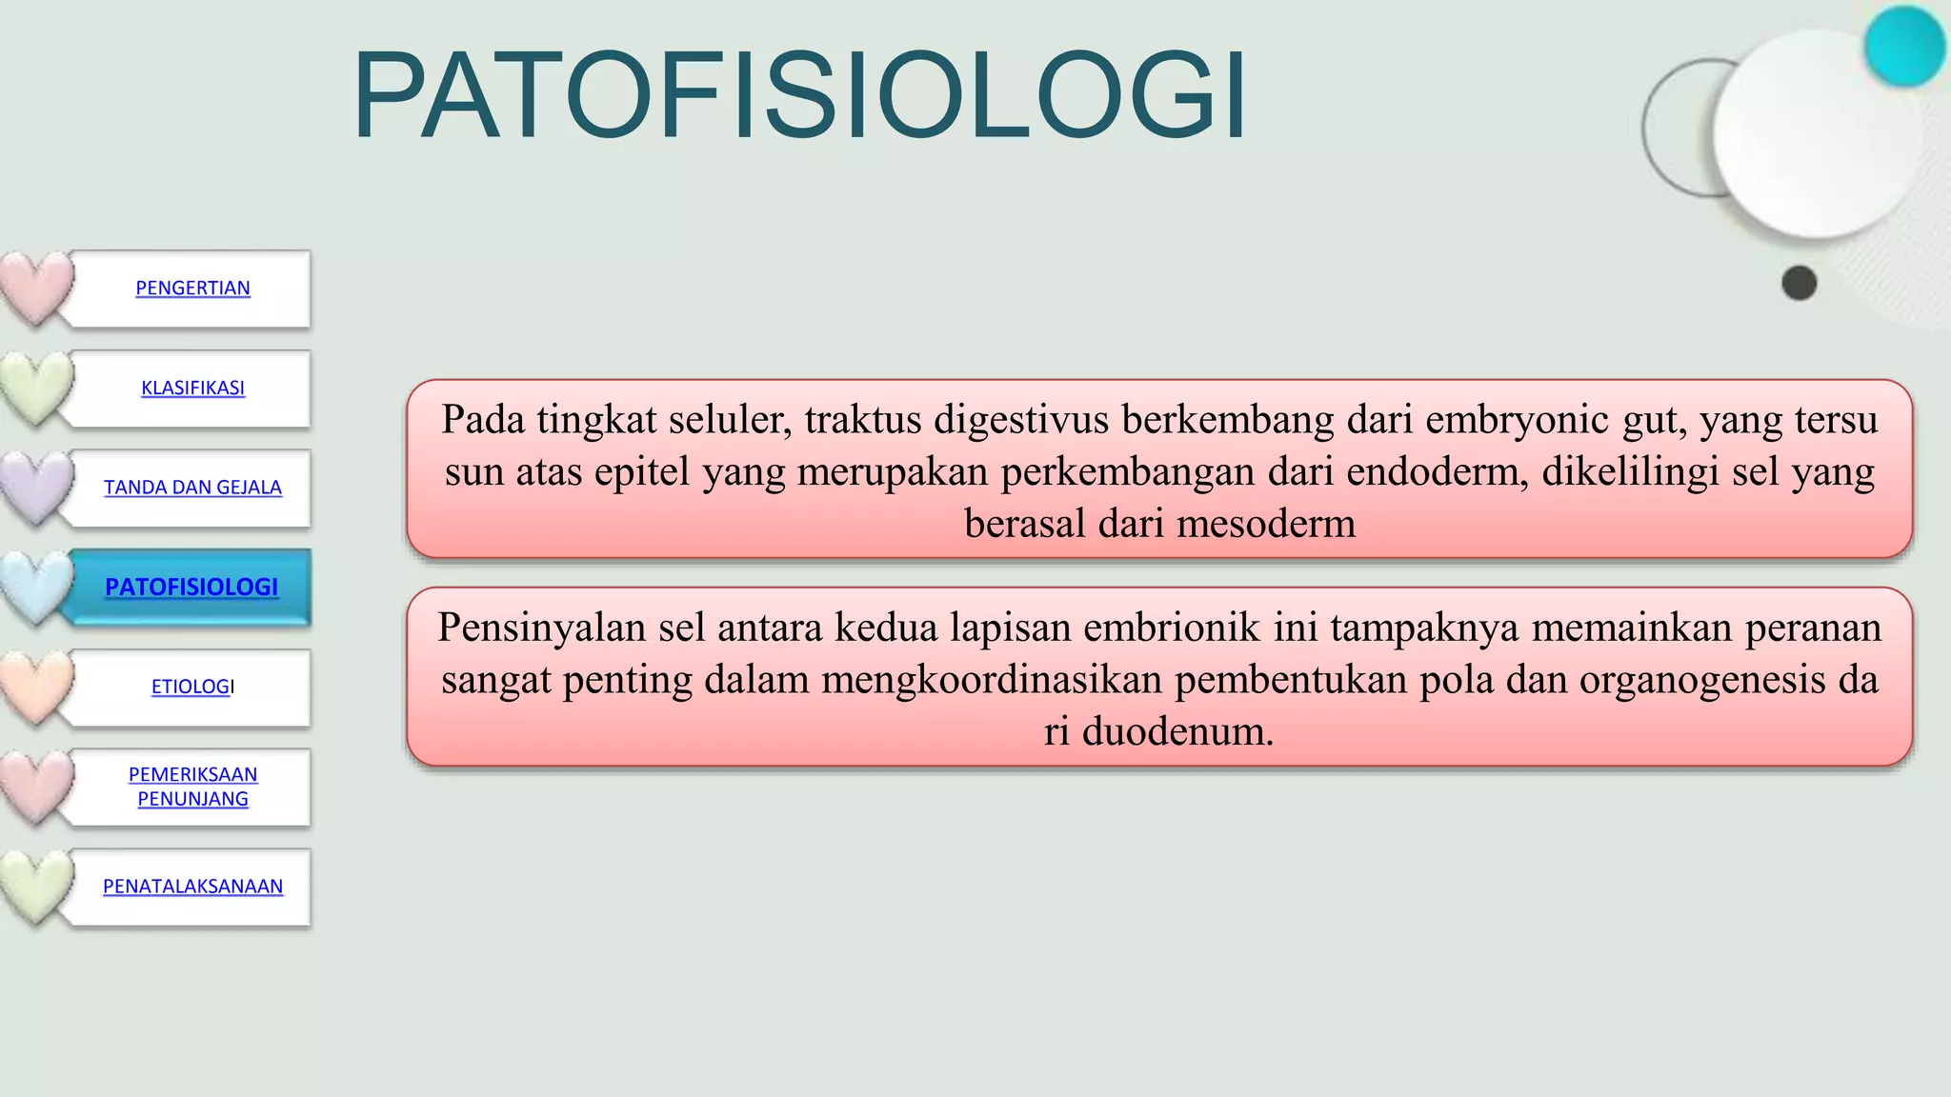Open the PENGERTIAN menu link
coord(192,288)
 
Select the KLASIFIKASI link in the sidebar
coord(192,388)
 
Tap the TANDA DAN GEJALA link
coord(192,488)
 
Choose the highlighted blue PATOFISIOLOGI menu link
coord(191,587)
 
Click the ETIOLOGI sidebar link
coord(192,687)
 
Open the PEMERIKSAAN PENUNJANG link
coord(192,787)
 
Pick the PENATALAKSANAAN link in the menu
coord(192,887)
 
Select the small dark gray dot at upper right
coord(1799,284)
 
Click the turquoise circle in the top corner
coord(1903,46)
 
